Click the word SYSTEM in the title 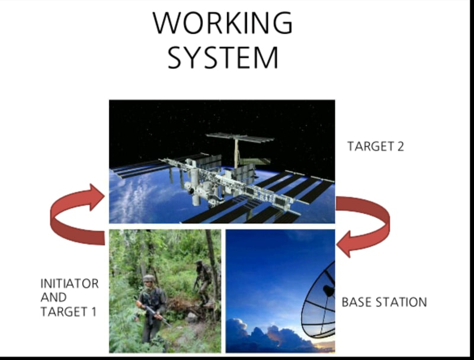tap(222, 57)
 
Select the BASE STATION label tap(384, 302)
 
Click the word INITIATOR tap(69, 284)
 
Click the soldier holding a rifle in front tap(151, 305)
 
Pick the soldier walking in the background tap(203, 281)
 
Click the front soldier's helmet tap(149, 278)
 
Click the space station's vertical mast tap(236, 152)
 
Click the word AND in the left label tap(53, 298)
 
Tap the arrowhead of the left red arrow tap(95, 197)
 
